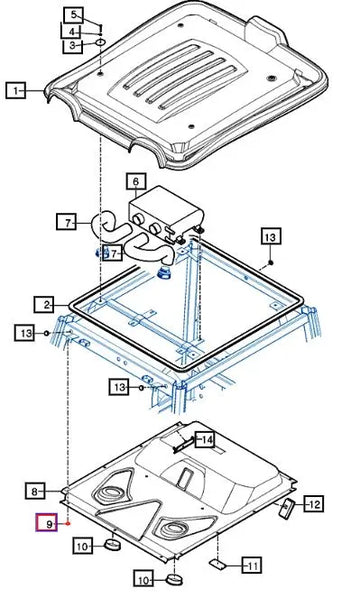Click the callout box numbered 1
(x=15, y=91)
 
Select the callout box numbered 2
(x=45, y=305)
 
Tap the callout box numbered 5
(x=73, y=15)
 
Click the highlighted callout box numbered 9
(x=47, y=523)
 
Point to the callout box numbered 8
(x=35, y=491)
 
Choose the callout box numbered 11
(x=252, y=565)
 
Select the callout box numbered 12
(x=314, y=504)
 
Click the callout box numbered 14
(x=205, y=440)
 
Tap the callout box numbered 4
(x=72, y=31)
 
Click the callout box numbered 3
(x=72, y=46)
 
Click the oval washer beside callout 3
(x=100, y=42)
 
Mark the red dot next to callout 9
(x=68, y=523)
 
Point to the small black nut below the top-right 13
(x=270, y=262)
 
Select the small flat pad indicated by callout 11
(x=218, y=564)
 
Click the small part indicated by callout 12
(x=287, y=508)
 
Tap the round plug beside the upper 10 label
(x=113, y=545)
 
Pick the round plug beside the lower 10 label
(x=174, y=580)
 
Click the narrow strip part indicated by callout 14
(x=182, y=445)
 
